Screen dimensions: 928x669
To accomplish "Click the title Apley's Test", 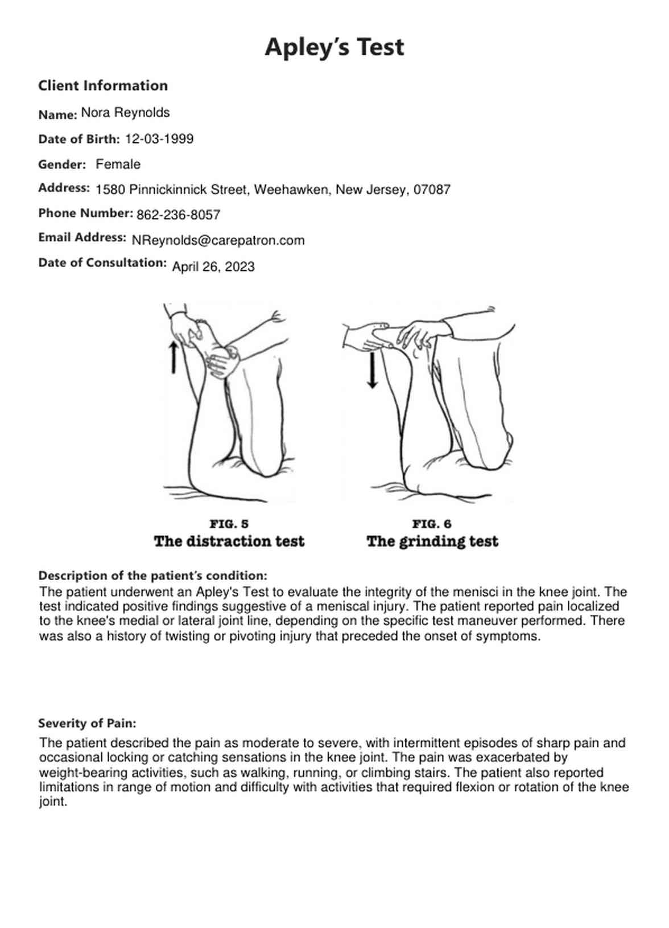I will (334, 47).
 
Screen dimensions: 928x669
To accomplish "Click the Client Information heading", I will (103, 86).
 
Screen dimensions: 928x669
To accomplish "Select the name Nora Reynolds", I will (125, 113).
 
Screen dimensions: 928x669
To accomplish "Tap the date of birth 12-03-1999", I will (159, 139).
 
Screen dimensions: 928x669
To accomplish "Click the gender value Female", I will (118, 165).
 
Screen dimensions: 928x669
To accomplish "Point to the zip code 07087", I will (432, 190).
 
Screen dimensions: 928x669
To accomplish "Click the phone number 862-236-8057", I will (178, 215).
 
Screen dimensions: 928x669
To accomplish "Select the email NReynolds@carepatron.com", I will (218, 240).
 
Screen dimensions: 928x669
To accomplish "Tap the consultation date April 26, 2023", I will (213, 266).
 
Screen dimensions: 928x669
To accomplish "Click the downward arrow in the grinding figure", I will (372, 370).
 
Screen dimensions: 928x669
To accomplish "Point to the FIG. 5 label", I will (229, 524).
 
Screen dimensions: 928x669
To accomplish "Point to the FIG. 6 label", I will (432, 524).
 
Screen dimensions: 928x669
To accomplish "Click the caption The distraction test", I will (229, 541).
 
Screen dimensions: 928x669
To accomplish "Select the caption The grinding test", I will (432, 541).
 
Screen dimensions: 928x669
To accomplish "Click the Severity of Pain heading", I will (87, 724).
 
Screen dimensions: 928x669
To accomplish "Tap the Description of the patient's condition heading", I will (152, 576).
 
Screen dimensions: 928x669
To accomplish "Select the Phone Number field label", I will (85, 213).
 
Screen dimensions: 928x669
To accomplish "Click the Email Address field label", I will (82, 238).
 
